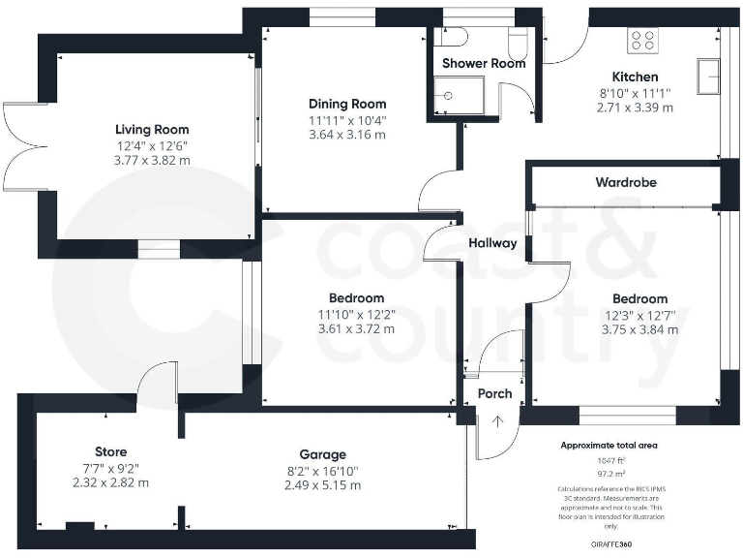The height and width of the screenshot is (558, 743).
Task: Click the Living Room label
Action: [x=152, y=129]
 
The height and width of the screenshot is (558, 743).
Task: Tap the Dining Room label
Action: [x=347, y=104]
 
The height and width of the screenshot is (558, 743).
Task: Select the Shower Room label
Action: [x=484, y=63]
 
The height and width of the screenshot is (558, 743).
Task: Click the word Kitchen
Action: [x=635, y=77]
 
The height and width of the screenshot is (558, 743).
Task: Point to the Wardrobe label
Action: [x=625, y=181]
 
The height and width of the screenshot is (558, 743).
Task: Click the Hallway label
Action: [x=492, y=243]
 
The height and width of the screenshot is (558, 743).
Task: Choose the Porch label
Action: [x=494, y=393]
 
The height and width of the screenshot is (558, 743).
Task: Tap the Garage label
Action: [x=322, y=453]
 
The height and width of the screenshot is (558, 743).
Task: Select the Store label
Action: [x=111, y=451]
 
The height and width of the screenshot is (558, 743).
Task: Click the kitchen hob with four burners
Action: [x=643, y=40]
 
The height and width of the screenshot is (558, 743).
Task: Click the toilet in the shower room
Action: [x=519, y=39]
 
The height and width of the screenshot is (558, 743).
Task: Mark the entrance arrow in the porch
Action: [x=498, y=421]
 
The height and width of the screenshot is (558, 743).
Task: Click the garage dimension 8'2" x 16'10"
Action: [x=322, y=470]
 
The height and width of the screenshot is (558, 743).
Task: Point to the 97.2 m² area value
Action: [x=609, y=475]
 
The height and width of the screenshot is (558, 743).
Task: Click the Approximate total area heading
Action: [x=609, y=446]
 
